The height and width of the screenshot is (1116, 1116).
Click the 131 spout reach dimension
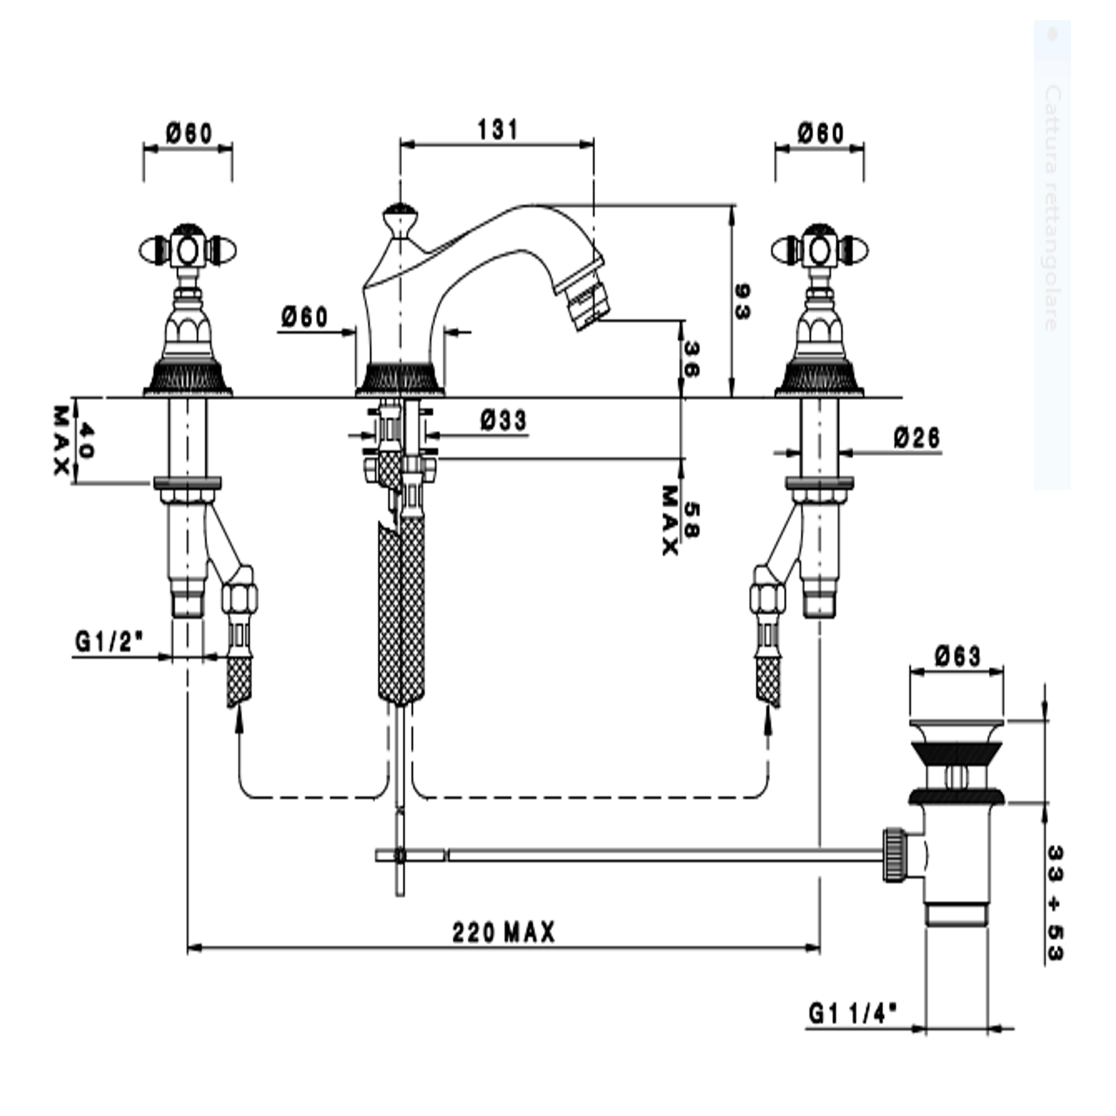pos(497,130)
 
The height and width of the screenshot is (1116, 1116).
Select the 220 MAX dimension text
pos(504,933)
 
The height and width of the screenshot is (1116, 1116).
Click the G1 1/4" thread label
pos(853,1012)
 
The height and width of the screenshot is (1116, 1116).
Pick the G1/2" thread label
pos(109,642)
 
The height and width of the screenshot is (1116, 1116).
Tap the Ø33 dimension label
pos(504,421)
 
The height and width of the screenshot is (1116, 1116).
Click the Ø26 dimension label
pos(916,438)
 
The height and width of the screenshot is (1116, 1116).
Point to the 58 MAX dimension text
pos(680,521)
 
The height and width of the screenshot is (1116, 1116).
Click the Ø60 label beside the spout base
pos(305,317)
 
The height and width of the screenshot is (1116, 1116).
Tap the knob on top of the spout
pos(400,218)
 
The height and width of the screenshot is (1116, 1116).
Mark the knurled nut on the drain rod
pos(893,854)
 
